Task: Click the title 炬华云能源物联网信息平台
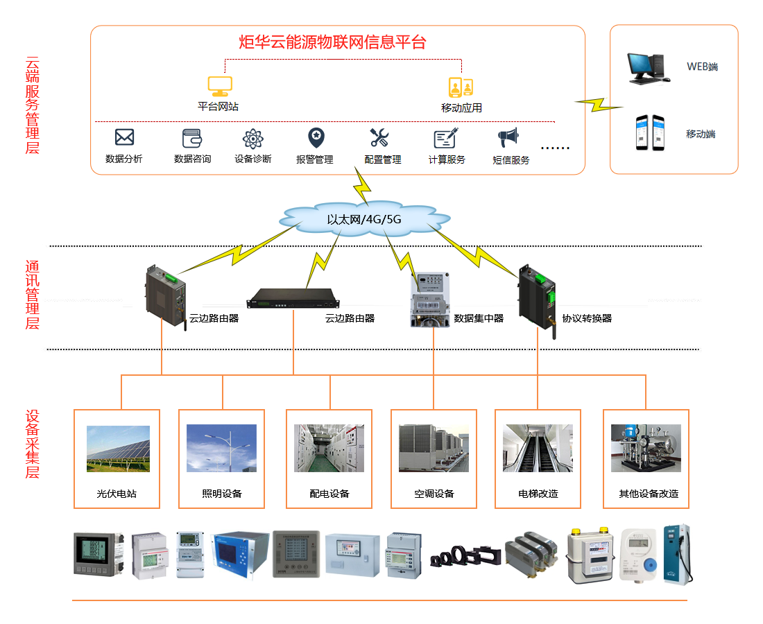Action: (332, 42)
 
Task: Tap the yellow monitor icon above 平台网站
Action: (220, 86)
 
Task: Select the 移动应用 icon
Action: (461, 87)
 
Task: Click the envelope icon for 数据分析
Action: (124, 137)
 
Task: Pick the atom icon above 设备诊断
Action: (252, 139)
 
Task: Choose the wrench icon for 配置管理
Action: (379, 137)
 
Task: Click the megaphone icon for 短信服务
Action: (508, 137)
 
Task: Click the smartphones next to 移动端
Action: (649, 132)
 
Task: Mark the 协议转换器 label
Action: (587, 319)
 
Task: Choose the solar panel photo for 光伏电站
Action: (118, 449)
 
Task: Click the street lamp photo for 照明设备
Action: (221, 449)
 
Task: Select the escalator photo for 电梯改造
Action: (538, 449)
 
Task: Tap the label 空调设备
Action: (434, 494)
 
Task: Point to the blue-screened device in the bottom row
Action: (239, 554)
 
